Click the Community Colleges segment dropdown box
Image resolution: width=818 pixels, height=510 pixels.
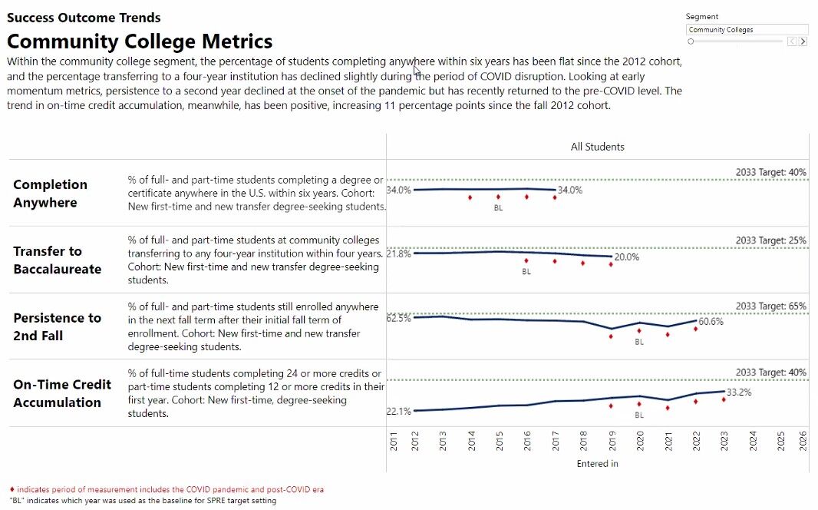pos(747,30)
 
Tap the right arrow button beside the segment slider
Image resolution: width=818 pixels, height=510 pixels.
pos(803,41)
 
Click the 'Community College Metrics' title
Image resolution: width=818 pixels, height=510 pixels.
pos(140,41)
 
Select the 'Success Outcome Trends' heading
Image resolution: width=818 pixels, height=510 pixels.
pos(84,18)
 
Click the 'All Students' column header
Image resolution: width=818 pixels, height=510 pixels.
pos(597,147)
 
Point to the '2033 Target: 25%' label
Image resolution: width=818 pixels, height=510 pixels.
pos(770,240)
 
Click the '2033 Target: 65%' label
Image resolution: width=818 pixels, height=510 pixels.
pos(770,306)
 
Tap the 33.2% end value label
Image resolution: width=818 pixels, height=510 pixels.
pos(738,392)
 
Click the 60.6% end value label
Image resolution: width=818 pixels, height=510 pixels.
pos(710,322)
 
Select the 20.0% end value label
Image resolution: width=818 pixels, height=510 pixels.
pos(626,257)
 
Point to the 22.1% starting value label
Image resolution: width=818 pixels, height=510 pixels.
pos(398,412)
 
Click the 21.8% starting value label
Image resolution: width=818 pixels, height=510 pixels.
pos(398,253)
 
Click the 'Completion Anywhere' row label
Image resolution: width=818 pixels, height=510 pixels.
pos(50,194)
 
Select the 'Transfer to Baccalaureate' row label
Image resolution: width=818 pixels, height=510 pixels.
pos(57,260)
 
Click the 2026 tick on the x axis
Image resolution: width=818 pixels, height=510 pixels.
pos(803,442)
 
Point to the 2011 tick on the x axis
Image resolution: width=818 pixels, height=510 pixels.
pos(394,442)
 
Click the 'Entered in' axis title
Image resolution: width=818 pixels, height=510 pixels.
pos(597,463)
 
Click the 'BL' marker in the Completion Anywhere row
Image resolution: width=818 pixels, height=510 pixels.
pos(498,208)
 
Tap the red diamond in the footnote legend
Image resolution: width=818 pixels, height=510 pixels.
pos(12,489)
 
